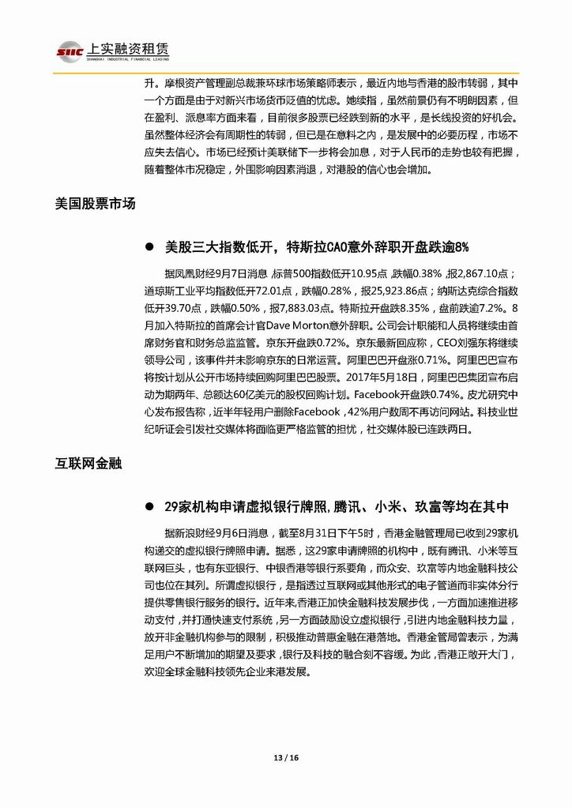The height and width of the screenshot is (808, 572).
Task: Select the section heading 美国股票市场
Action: coord(96,204)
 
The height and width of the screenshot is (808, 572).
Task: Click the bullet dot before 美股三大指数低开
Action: coord(148,248)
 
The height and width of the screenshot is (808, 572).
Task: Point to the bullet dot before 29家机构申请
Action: coord(148,507)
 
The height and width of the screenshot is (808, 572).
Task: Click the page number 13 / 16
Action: coord(285,757)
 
